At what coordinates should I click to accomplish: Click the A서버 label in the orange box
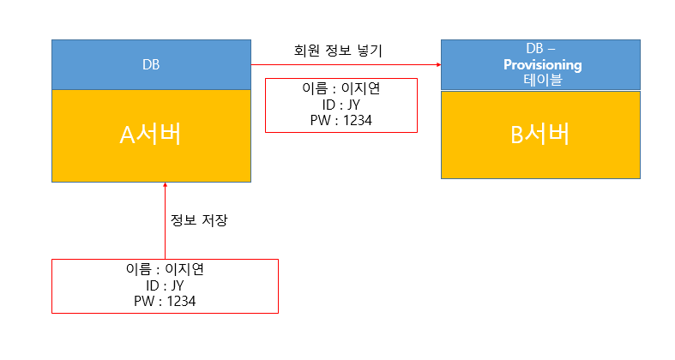point(150,135)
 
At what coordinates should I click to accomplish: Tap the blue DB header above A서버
point(151,64)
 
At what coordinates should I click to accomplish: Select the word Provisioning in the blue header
point(542,64)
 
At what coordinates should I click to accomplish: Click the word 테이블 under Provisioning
point(542,79)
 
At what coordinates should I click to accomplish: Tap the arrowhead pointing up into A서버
point(165,186)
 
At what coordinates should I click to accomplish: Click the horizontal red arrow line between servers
point(343,65)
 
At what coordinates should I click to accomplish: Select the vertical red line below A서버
point(165,223)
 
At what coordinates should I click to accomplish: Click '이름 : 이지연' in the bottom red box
point(165,269)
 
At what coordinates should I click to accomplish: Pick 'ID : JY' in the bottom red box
point(165,285)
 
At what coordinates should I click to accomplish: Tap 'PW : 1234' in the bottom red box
point(165,301)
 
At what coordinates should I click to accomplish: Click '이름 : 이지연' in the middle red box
point(341,89)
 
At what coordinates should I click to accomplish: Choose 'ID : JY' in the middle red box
point(341,105)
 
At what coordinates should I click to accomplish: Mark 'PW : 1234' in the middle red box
point(341,121)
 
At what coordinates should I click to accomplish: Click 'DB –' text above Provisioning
point(540,49)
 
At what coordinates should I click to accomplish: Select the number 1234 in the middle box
point(357,121)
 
